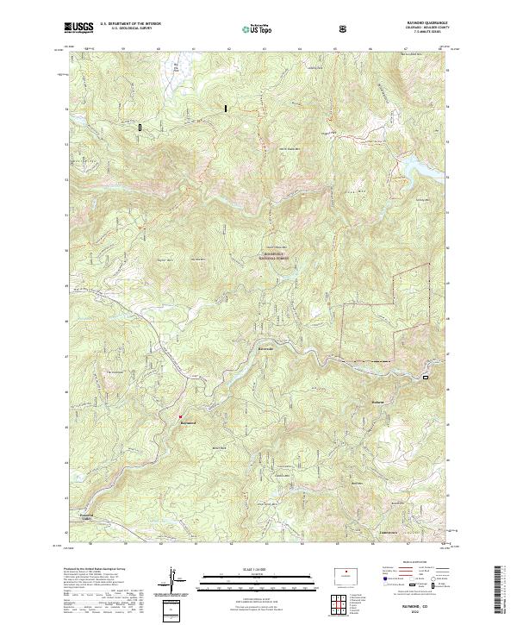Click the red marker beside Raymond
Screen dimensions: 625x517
[x=180, y=416]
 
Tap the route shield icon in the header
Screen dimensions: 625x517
[x=344, y=28]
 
